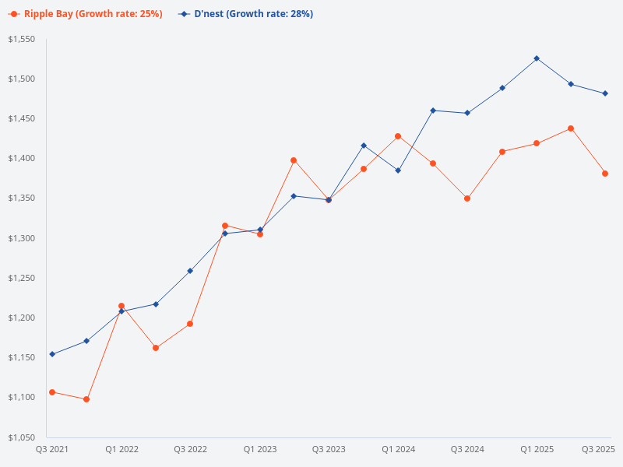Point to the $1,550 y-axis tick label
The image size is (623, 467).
pos(21,39)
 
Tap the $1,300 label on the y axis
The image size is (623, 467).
pos(21,238)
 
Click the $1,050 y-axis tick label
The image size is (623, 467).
pos(21,437)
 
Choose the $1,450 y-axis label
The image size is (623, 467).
pos(21,118)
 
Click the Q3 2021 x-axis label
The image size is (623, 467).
pos(52,449)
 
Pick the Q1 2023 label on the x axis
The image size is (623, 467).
pos(259,449)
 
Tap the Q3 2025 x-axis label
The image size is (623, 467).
pos(599,449)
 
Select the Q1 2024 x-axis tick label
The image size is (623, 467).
pos(398,449)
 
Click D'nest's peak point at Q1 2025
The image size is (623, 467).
pos(537,58)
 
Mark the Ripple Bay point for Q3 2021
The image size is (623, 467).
pos(52,392)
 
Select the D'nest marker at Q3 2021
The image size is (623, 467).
pos(52,354)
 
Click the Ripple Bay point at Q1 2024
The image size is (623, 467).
pos(398,136)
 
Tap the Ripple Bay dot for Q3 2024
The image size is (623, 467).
pos(467,198)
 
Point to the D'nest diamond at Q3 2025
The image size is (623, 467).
pos(605,93)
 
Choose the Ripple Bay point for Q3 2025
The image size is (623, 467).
pos(605,174)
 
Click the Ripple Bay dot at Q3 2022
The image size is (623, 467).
pos(190,324)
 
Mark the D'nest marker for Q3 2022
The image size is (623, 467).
pos(190,271)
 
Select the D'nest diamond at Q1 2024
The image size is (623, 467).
pos(398,170)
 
